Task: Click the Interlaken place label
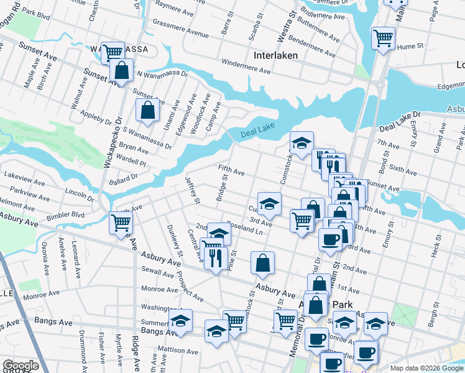click(275, 55)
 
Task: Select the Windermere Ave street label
click(246, 67)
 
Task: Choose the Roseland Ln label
click(246, 228)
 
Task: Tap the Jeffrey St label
click(193, 190)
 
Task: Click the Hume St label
click(410, 46)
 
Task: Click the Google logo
click(21, 366)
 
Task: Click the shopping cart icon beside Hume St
click(383, 38)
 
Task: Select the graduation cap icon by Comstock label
click(302, 143)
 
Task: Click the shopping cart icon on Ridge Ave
click(121, 223)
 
